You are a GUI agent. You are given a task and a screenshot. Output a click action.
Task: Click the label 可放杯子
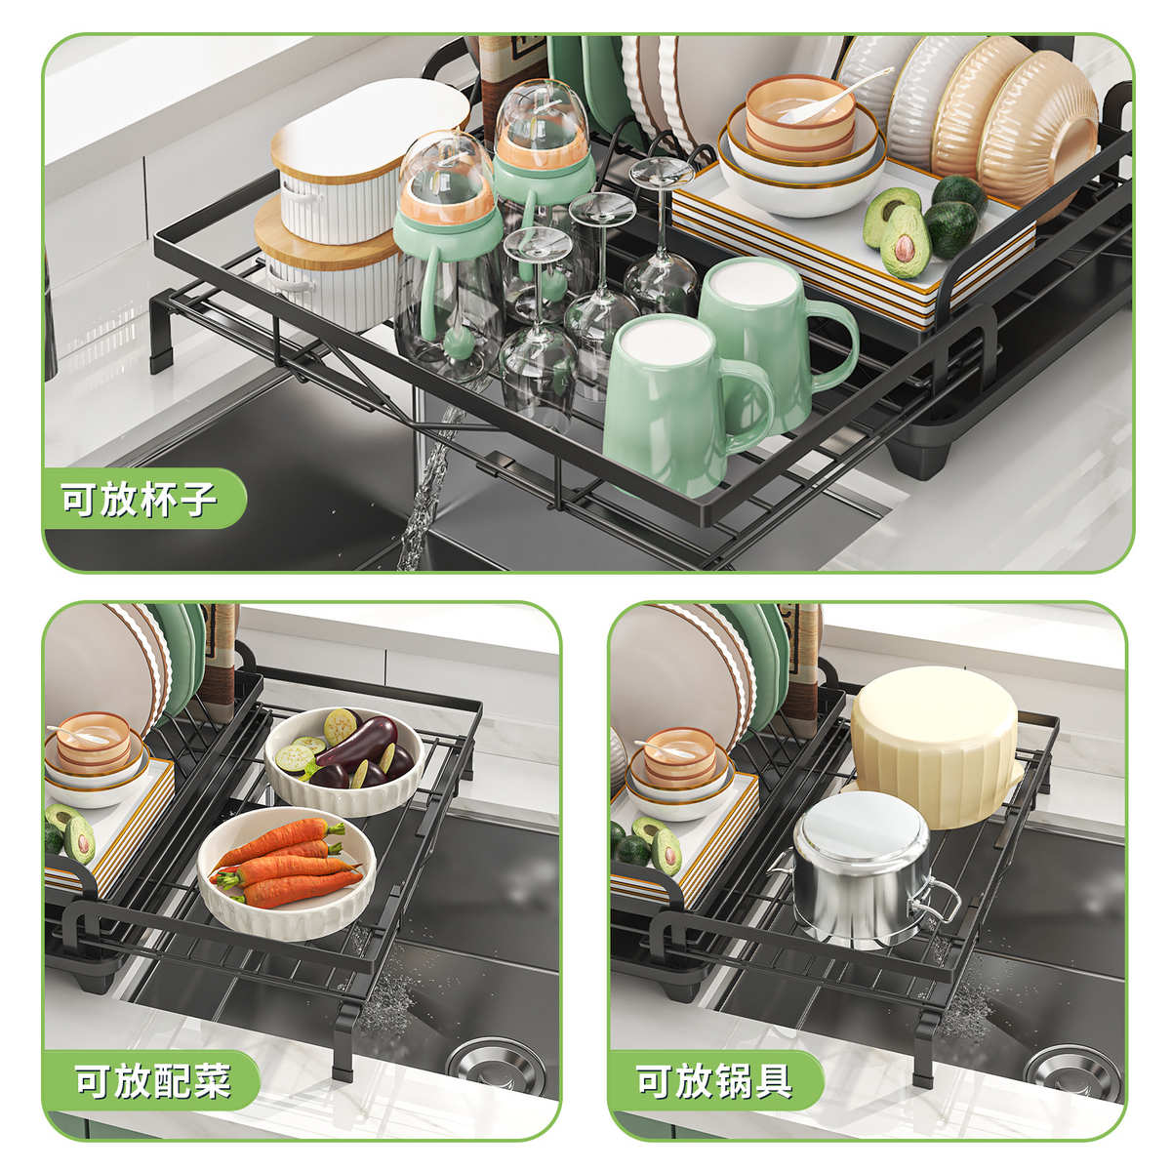point(140,501)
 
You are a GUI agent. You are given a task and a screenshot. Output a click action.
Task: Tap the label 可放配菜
point(153,1081)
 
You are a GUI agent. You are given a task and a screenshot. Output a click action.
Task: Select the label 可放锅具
point(714,1081)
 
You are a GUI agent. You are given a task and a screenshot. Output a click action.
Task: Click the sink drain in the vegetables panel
point(503,1064)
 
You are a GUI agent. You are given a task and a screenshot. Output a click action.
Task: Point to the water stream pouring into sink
point(422,507)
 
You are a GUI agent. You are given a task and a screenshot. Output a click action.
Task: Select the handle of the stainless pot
point(934,898)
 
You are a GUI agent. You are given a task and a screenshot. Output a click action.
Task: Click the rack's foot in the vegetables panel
point(343,1054)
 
